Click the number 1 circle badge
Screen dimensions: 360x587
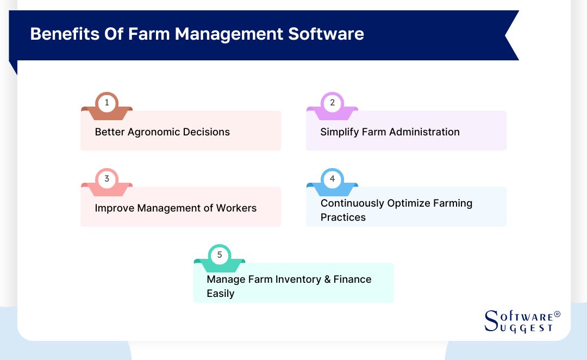click(x=107, y=103)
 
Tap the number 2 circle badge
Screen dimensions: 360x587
click(x=332, y=103)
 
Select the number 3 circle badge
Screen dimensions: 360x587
click(x=107, y=179)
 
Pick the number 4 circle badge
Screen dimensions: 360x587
click(x=332, y=179)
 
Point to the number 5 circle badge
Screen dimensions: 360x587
click(x=220, y=255)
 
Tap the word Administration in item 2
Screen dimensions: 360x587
click(x=426, y=132)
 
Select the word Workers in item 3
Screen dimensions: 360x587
click(x=236, y=208)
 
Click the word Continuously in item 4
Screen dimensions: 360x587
click(x=352, y=203)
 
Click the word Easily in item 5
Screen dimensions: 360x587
click(x=220, y=294)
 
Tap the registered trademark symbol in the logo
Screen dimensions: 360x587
click(x=557, y=315)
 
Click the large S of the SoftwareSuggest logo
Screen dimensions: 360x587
click(x=491, y=321)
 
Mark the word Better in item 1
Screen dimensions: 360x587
click(x=109, y=132)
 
